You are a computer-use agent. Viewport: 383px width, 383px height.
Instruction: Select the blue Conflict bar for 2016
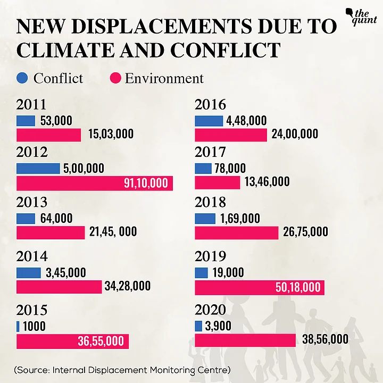[x=209, y=121]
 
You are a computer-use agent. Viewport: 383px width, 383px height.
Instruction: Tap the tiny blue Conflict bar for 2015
[x=18, y=326]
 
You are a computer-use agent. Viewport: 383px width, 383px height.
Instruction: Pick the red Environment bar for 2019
[x=260, y=287]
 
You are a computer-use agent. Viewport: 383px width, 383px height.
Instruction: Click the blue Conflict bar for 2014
[x=29, y=272]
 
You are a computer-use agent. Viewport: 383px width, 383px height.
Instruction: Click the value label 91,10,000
[x=145, y=184]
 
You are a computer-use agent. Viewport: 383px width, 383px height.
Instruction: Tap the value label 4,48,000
[x=246, y=121]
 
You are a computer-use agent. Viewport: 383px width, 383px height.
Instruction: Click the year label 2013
[x=32, y=203]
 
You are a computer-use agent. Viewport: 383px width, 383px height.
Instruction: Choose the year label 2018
[x=210, y=203]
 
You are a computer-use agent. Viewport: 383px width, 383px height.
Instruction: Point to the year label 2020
[x=210, y=310]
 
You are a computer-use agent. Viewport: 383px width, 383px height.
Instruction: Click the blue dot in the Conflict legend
[x=22, y=79]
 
